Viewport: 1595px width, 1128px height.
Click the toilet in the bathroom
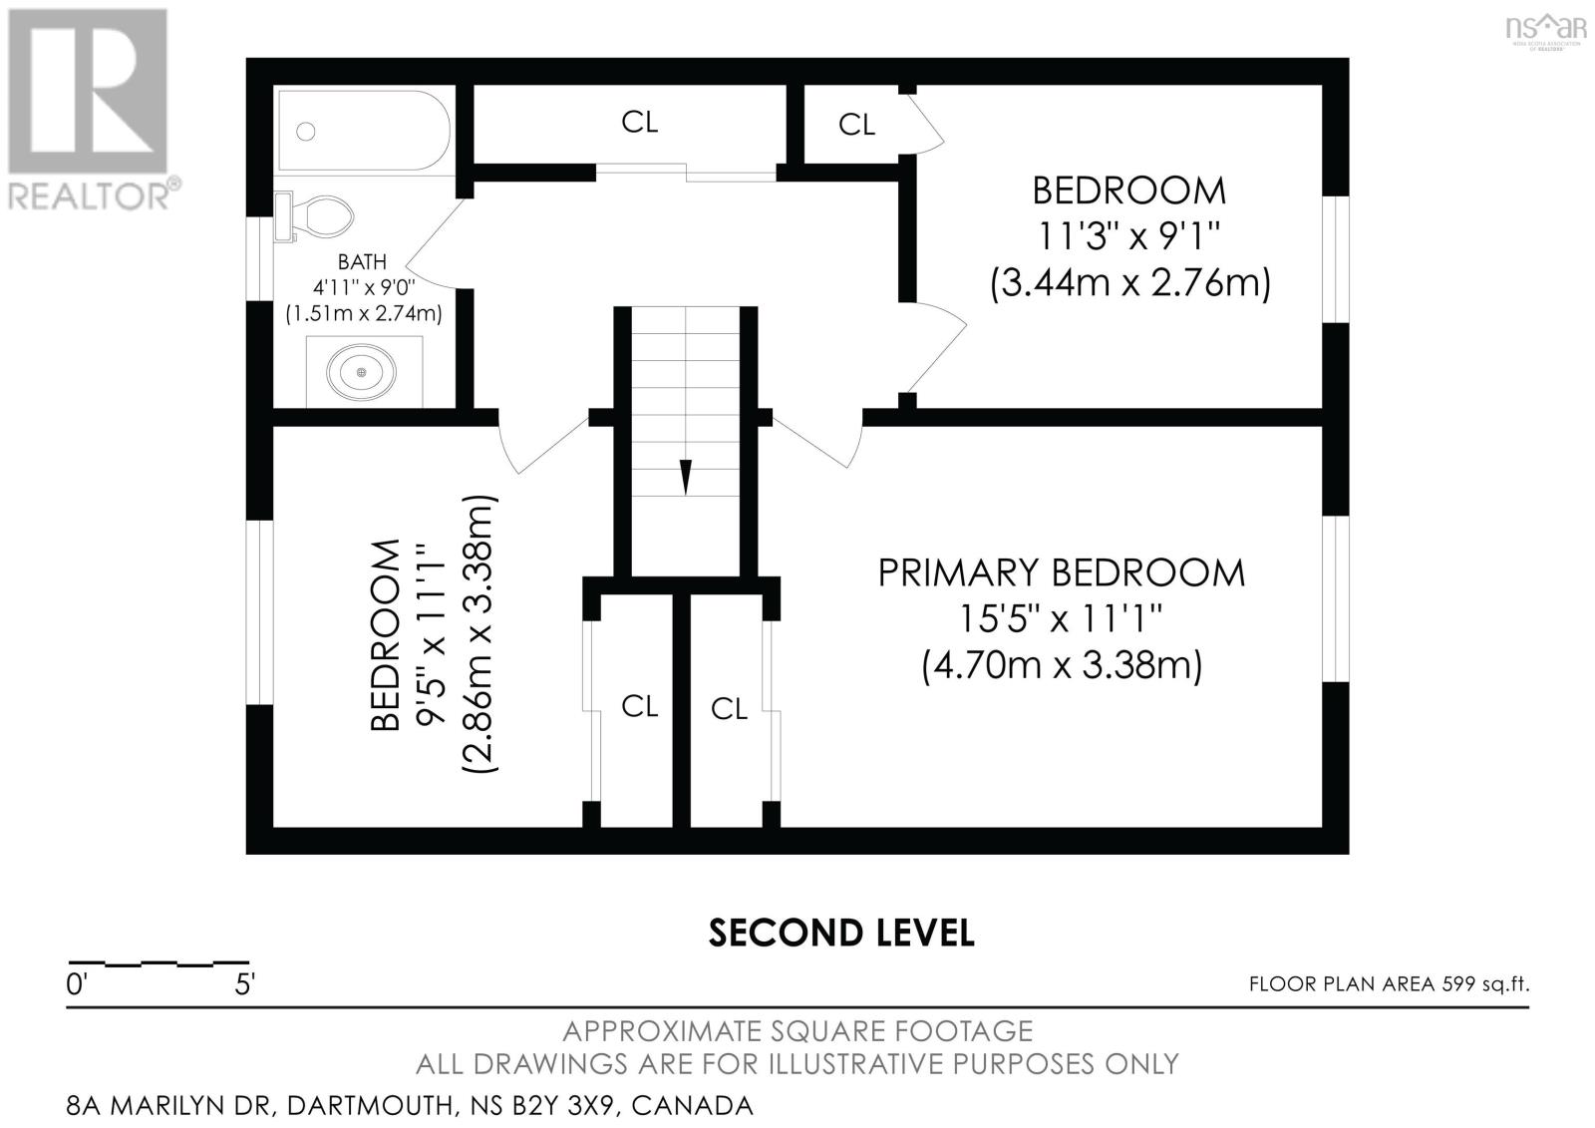point(321,216)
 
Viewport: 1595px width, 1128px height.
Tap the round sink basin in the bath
point(360,373)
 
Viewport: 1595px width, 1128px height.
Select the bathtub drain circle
point(306,132)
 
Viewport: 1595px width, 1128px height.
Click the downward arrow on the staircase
point(685,476)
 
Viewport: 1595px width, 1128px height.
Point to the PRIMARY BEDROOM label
point(1061,573)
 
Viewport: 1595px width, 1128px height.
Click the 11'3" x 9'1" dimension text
point(1128,237)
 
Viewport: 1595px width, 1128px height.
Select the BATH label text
point(362,262)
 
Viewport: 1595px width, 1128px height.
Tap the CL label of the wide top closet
point(639,122)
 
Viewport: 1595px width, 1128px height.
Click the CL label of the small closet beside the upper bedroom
point(856,125)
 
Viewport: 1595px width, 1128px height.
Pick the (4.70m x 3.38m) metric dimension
point(1061,664)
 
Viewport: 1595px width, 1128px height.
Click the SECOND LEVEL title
point(840,933)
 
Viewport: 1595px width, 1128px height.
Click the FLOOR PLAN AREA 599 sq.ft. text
point(1389,984)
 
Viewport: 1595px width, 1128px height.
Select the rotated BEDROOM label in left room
point(385,636)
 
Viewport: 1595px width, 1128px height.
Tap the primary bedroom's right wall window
point(1335,598)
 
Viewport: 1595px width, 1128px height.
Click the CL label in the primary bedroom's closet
point(729,709)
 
